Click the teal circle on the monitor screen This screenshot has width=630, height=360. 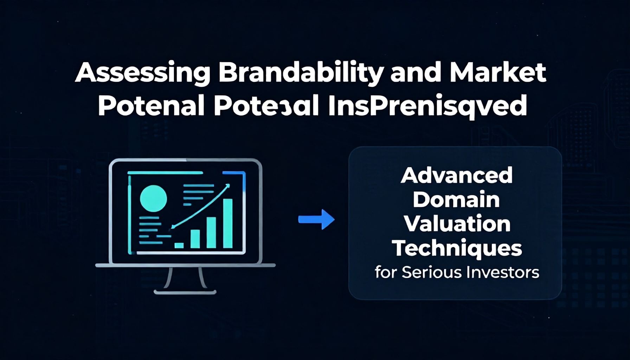pyautogui.click(x=153, y=199)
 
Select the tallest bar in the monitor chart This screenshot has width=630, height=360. pyautogui.click(x=228, y=224)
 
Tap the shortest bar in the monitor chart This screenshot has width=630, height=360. pyautogui.click(x=179, y=245)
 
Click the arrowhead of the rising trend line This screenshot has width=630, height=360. pyautogui.click(x=227, y=186)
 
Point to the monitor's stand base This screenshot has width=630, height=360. pyautogui.click(x=185, y=292)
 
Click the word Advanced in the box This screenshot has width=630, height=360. pyautogui.click(x=456, y=176)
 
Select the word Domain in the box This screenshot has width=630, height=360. pyautogui.click(x=456, y=200)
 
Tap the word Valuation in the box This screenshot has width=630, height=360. pyautogui.click(x=457, y=224)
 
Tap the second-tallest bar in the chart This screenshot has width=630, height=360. pyautogui.click(x=211, y=233)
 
